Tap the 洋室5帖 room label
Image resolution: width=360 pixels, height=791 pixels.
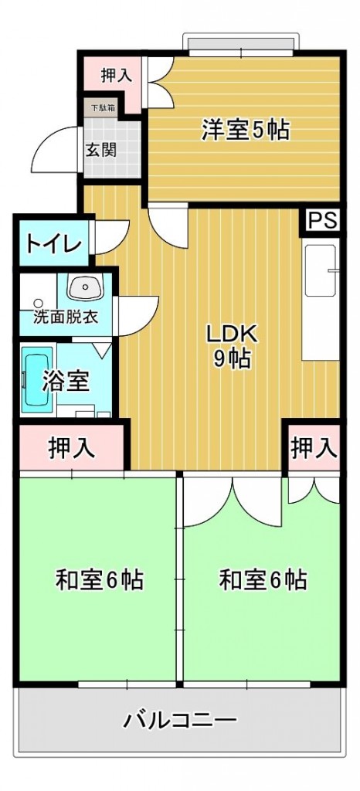[246, 130]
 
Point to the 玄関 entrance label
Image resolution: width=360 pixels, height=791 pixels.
[101, 150]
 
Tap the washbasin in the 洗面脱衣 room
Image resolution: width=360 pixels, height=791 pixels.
[85, 287]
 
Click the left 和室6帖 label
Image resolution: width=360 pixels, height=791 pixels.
[100, 579]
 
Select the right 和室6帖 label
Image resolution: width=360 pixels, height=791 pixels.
[263, 579]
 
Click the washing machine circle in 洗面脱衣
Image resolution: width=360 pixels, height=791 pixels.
[38, 303]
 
